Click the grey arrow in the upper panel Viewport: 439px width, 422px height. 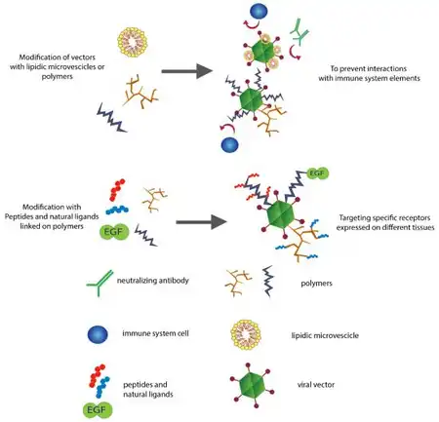click(x=187, y=71)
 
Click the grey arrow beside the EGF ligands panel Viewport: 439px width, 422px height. click(x=201, y=222)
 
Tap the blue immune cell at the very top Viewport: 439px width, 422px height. click(x=259, y=11)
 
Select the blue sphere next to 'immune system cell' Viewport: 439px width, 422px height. click(x=98, y=334)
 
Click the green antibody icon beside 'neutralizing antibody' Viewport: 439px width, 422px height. click(x=100, y=284)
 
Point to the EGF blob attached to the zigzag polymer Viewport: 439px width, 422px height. click(x=317, y=173)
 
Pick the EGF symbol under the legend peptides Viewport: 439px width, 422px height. click(x=98, y=410)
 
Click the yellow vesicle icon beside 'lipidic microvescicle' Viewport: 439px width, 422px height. click(x=246, y=335)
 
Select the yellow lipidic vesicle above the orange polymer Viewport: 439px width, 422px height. click(x=133, y=42)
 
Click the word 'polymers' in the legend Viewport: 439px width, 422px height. click(x=316, y=284)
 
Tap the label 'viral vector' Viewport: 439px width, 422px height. click(x=316, y=385)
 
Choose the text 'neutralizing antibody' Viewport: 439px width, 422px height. click(x=153, y=281)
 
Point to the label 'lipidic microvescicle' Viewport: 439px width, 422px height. click(x=325, y=335)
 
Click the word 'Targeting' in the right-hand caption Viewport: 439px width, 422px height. click(x=354, y=217)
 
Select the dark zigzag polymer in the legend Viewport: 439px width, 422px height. click(x=268, y=282)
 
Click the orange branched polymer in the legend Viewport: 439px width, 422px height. click(x=238, y=283)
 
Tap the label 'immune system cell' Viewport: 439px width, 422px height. click(x=155, y=333)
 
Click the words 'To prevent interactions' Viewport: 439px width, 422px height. click(x=369, y=68)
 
